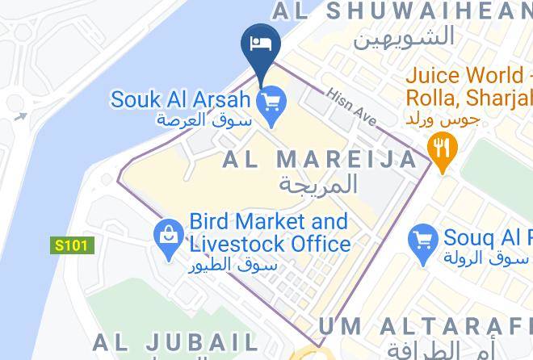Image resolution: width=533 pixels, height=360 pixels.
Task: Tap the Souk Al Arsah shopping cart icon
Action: click(268, 102)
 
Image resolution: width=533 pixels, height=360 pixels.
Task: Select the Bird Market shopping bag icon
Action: click(170, 235)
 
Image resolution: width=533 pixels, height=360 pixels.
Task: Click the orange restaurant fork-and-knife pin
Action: click(441, 149)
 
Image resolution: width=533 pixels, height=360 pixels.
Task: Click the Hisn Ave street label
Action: click(352, 107)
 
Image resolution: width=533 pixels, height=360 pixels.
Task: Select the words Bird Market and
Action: click(268, 222)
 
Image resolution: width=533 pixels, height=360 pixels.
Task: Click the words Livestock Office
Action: click(269, 244)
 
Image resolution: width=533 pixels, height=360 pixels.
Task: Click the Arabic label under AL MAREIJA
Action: click(318, 183)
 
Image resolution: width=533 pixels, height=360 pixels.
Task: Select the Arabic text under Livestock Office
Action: click(235, 265)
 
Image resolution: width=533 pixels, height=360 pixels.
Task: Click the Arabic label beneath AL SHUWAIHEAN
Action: click(403, 36)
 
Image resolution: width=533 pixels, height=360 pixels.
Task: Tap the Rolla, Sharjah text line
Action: click(468, 99)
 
